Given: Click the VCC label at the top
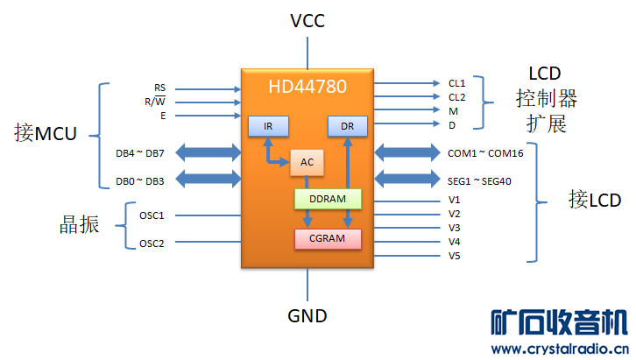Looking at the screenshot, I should coord(307,21).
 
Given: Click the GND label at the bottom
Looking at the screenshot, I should coord(307,314).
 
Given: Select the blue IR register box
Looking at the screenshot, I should coord(269,126).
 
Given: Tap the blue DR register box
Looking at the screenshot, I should coord(348,126).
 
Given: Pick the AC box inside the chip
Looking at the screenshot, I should coord(307,163).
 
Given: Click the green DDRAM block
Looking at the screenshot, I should coord(327,200).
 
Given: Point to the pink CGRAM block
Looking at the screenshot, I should coord(327,238).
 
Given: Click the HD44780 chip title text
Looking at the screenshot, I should coord(307,86).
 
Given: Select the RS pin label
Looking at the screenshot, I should coord(159,88).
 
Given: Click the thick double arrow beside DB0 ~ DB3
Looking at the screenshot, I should coord(212,180).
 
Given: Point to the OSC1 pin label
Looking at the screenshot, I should coord(152,215).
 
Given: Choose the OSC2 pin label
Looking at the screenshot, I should coord(152,244).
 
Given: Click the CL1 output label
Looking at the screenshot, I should coord(456,83).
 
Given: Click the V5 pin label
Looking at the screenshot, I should coord(454,256).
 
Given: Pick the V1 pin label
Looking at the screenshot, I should coord(454,200).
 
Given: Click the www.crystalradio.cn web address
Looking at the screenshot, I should coord(559,349).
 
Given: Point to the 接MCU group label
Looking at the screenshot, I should coord(46,133).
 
